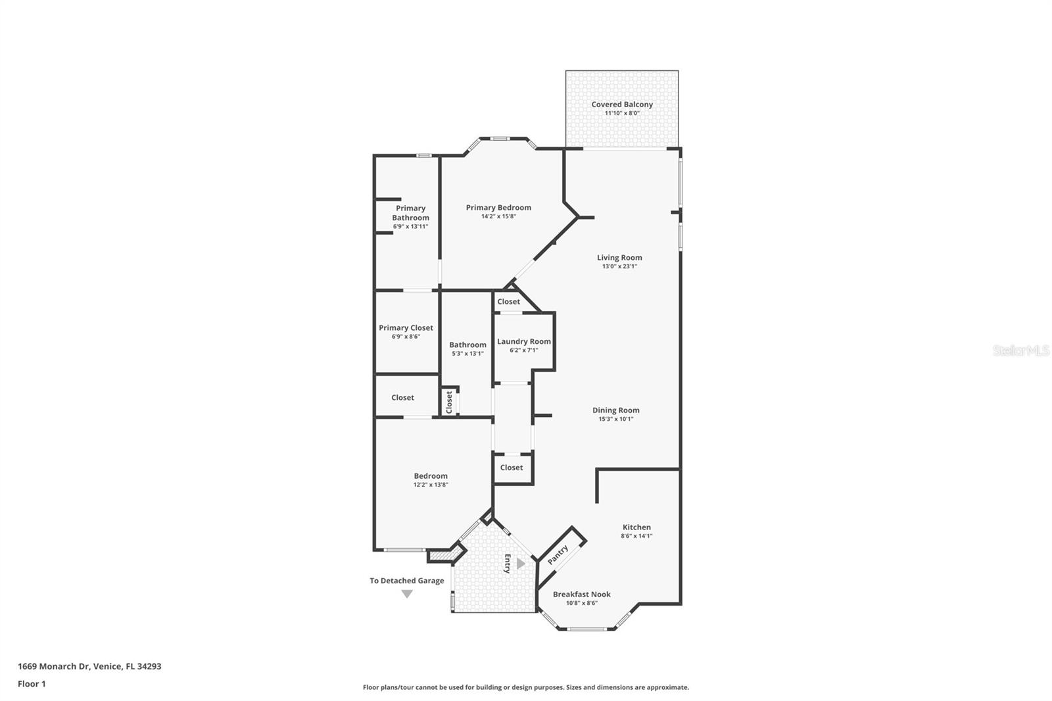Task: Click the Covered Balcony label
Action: click(622, 105)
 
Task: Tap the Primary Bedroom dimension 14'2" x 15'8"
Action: click(498, 216)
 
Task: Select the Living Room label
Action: click(619, 258)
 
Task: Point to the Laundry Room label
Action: click(524, 341)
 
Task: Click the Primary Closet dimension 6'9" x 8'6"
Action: click(406, 337)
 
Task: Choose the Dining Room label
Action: click(615, 410)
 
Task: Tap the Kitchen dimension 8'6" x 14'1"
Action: click(636, 536)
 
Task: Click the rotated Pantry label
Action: click(558, 554)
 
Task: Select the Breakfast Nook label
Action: click(581, 594)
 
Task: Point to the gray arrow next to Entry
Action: click(521, 564)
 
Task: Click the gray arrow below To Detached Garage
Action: click(407, 594)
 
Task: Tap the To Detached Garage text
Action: click(406, 581)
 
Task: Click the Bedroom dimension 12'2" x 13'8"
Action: click(431, 485)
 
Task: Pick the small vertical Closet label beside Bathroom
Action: click(450, 402)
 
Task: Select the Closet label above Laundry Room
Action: click(508, 302)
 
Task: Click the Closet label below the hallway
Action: click(512, 468)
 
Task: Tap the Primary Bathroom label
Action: click(410, 213)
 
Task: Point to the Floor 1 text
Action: click(32, 684)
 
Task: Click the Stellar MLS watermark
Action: click(1020, 350)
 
